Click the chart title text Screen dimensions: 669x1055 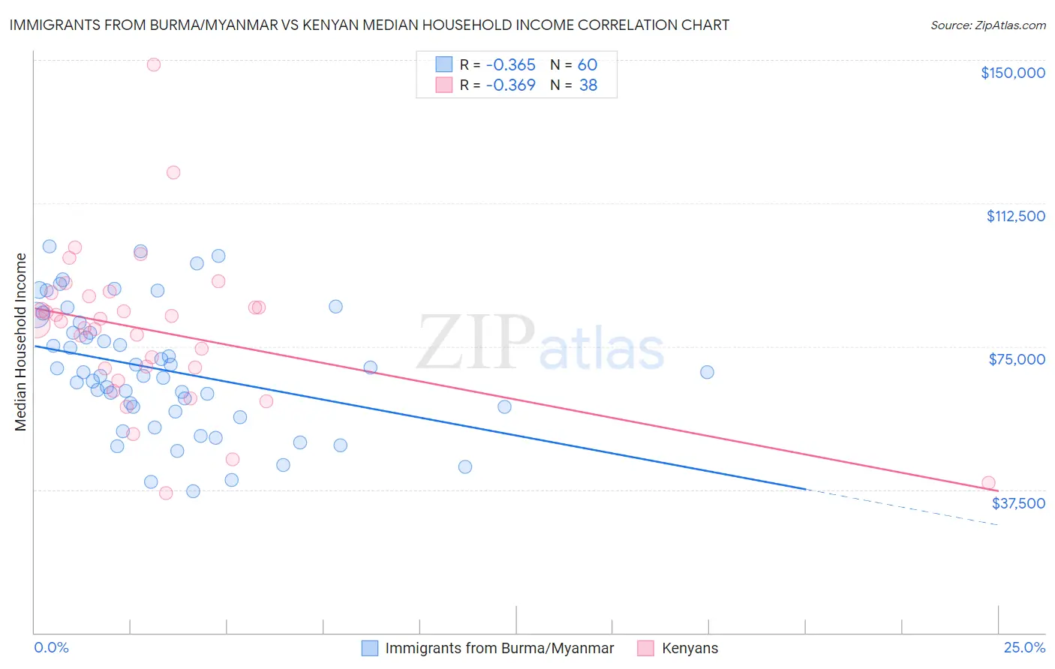coord(369,25)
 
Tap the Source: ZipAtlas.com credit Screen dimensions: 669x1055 coord(987,25)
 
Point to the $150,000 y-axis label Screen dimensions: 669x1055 coord(1012,73)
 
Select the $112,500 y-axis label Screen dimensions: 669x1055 coord(1015,216)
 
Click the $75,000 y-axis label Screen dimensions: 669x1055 coord(1017,359)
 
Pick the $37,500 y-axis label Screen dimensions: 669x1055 coord(1018,503)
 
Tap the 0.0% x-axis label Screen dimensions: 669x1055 coord(51,648)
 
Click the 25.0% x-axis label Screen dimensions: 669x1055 coord(1024,648)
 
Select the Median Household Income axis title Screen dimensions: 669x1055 coord(21,342)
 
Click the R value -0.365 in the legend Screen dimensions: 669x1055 coord(510,65)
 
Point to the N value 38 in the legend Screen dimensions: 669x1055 coord(588,85)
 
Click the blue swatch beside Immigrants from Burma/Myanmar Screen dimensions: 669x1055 coord(370,648)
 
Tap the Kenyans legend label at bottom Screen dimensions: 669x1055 coord(690,648)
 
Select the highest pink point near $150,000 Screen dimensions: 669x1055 coord(154,64)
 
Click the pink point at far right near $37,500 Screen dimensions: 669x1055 coord(988,483)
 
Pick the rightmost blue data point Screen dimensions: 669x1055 coord(707,372)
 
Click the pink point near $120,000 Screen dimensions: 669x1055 coord(173,172)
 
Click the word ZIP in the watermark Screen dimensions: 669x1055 coord(475,343)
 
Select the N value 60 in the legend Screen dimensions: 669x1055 coord(588,65)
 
